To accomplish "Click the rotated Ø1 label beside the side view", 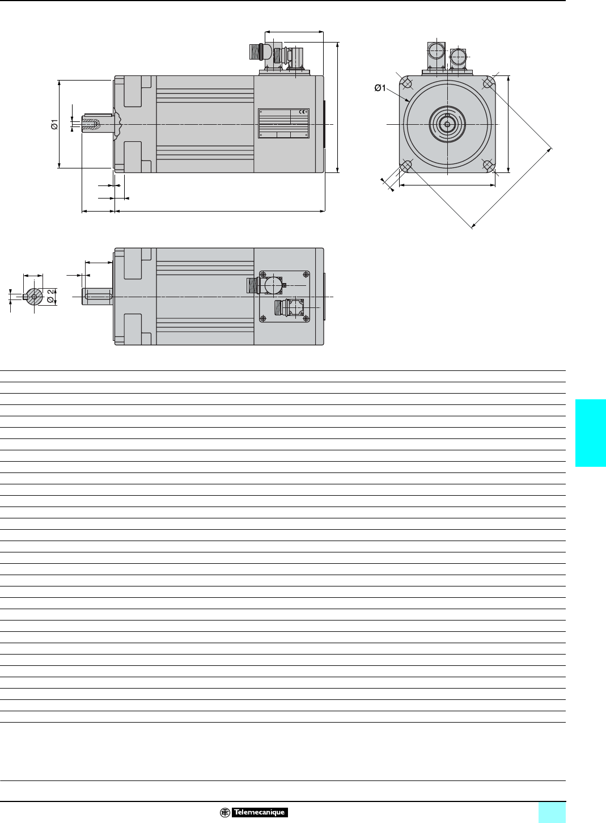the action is pyautogui.click(x=54, y=125).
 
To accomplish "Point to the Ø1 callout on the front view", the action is pyautogui.click(x=380, y=88).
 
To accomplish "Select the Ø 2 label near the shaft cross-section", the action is pyautogui.click(x=52, y=296).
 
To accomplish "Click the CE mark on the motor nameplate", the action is pyautogui.click(x=303, y=112).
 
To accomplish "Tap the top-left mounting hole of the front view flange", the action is pyautogui.click(x=407, y=83).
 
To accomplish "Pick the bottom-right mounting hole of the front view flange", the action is pyautogui.click(x=488, y=165).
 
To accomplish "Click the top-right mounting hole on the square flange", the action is pyautogui.click(x=488, y=83).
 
